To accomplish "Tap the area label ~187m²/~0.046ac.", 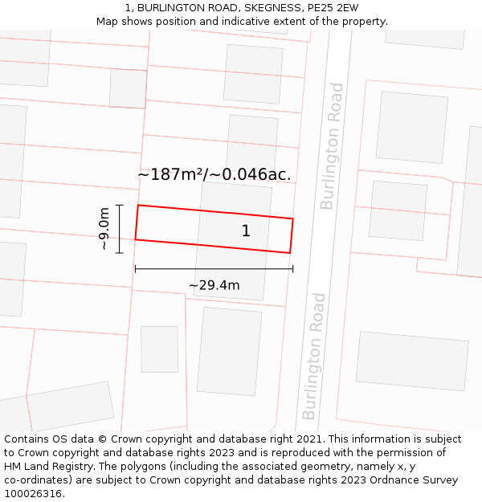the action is click(x=214, y=174).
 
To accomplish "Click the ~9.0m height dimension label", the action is click(x=104, y=229).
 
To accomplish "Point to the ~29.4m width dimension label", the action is click(x=214, y=284).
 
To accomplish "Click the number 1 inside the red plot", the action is click(x=246, y=231).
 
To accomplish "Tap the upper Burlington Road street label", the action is click(x=332, y=146).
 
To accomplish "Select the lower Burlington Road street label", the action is click(x=314, y=356).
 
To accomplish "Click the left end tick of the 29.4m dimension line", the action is click(x=135, y=269).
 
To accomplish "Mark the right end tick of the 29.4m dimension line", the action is click(x=292, y=269).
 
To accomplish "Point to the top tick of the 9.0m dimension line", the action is click(x=119, y=206).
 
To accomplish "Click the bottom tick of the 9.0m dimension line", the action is click(x=119, y=253).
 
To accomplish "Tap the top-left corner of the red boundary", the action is click(x=138, y=206).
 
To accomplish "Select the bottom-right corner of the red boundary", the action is click(x=289, y=253).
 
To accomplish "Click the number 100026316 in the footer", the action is click(x=32, y=494).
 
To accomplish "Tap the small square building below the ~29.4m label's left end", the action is click(x=159, y=349).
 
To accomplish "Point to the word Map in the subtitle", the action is click(x=108, y=22).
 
